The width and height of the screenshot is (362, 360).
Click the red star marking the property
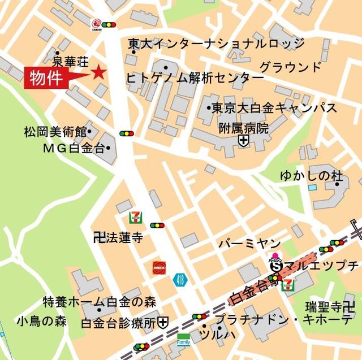pos(100,72)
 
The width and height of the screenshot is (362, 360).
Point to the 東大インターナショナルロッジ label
pos(216,44)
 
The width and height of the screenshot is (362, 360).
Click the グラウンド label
pos(290,68)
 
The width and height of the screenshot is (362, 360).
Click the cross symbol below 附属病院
pos(243,141)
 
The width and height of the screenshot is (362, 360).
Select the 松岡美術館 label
pos(54,132)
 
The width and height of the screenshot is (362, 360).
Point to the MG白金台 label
pos(74,149)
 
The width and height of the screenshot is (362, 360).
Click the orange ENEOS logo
pos(159,267)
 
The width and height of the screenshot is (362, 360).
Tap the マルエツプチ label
pos(321,265)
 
